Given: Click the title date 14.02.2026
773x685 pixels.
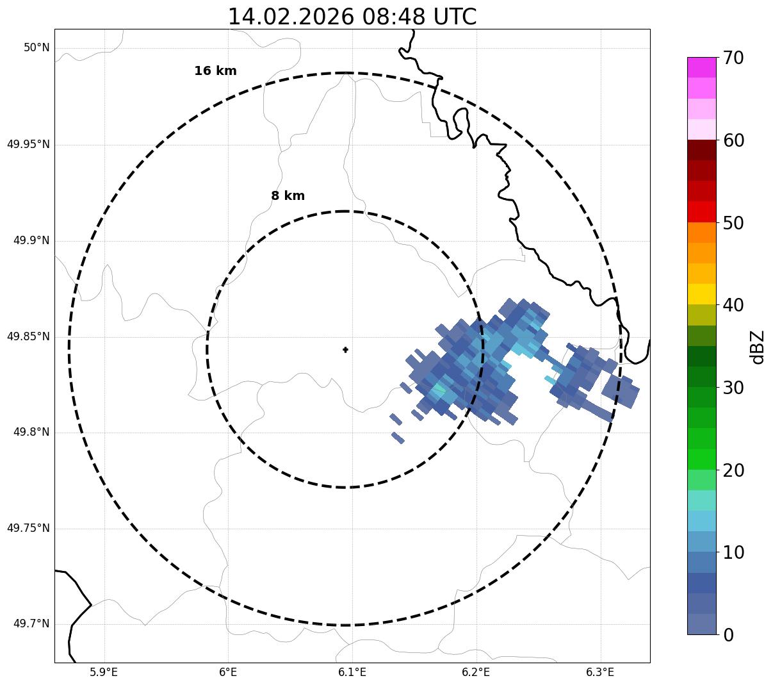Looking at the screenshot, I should tap(290, 17).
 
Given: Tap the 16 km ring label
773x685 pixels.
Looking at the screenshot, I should tap(215, 71).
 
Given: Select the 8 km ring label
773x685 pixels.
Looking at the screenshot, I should tap(288, 196).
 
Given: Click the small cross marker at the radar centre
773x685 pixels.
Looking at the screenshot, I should tap(346, 349).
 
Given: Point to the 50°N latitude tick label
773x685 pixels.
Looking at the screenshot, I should tap(37, 48).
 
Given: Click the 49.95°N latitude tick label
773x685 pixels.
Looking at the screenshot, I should tap(28, 144).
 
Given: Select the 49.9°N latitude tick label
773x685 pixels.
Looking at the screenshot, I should tap(31, 240).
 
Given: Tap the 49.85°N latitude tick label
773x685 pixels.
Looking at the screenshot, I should tap(28, 336).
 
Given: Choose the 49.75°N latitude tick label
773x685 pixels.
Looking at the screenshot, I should tap(28, 528).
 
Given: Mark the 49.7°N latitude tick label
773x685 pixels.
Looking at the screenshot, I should tap(31, 624).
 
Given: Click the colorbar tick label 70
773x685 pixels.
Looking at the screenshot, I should tap(733, 58).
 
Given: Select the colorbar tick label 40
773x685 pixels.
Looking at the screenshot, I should tap(733, 305).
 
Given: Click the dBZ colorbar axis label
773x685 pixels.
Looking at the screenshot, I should tap(758, 347).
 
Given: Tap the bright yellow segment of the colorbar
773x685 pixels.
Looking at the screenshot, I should tap(701, 294).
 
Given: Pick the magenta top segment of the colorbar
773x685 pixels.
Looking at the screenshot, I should tap(701, 67).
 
